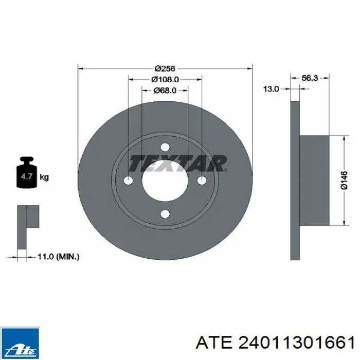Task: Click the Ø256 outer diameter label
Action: [x=165, y=68]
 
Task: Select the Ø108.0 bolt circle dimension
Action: [x=165, y=79]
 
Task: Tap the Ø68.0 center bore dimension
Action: [x=165, y=91]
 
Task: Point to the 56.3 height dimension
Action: [x=310, y=78]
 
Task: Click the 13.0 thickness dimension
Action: [x=271, y=89]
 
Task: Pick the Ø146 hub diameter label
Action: [x=345, y=180]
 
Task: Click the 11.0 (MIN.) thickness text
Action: [x=58, y=257]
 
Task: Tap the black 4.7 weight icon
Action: [x=27, y=172]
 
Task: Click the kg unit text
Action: [x=44, y=177]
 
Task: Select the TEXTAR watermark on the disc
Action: [x=178, y=164]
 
